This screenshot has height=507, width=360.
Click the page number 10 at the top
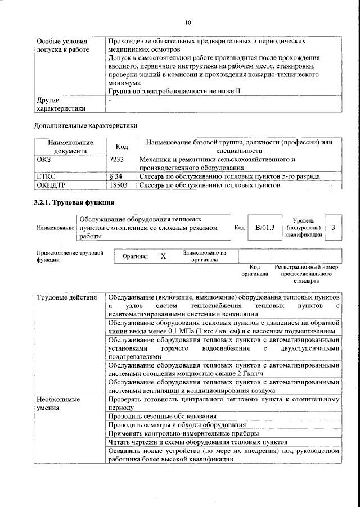(188, 22)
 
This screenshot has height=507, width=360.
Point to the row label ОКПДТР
(51, 185)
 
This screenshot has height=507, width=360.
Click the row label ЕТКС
(46, 176)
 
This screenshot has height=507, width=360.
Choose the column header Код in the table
(121, 146)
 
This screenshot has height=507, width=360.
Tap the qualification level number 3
(334, 228)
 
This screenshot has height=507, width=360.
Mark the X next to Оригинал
(163, 256)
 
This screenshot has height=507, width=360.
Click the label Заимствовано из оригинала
(204, 256)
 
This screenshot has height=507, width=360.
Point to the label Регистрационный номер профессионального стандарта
(306, 273)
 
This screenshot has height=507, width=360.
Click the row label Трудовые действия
(62, 297)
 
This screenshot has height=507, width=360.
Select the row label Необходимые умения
(58, 403)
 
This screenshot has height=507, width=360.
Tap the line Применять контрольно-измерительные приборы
(183, 433)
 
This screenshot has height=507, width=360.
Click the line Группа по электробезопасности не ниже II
(174, 91)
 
